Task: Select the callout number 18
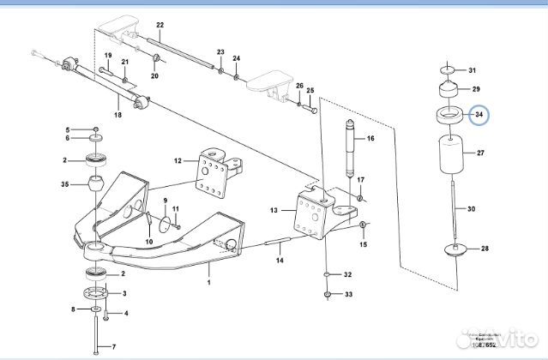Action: coord(118,114)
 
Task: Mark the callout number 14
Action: coord(278,260)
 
